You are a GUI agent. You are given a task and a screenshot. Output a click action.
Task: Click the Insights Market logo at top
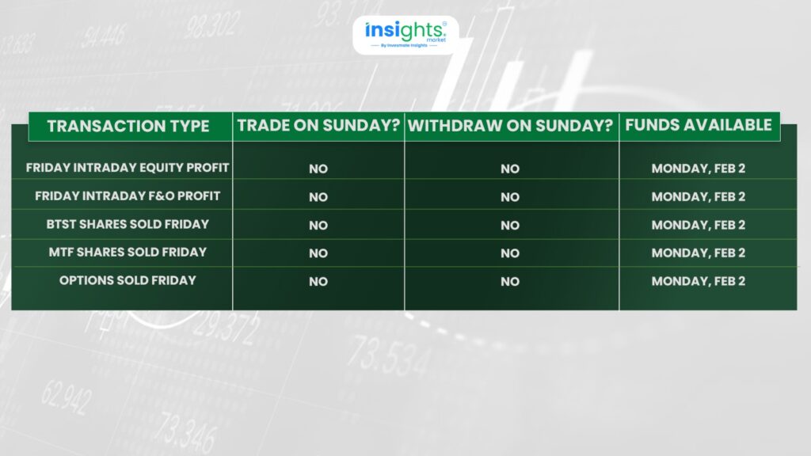tap(405, 35)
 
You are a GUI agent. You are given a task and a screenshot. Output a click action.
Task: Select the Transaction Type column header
tap(128, 126)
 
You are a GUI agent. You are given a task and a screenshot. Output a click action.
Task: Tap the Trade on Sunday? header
tap(318, 126)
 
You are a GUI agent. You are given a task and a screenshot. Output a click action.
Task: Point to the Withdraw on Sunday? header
tap(510, 126)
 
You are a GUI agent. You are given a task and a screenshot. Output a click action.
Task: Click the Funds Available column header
tap(699, 125)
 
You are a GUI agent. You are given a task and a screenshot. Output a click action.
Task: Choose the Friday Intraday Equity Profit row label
tap(128, 168)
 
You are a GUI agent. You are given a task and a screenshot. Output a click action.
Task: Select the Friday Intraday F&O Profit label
tap(128, 196)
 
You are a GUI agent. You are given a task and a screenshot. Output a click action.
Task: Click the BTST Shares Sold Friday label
tap(128, 224)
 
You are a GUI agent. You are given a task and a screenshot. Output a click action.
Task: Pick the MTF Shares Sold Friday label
tap(128, 253)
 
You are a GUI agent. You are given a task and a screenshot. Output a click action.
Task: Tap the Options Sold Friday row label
tap(128, 280)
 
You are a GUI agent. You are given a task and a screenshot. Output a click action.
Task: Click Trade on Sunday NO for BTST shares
tap(318, 226)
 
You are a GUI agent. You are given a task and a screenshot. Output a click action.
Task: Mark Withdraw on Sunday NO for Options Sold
tap(510, 282)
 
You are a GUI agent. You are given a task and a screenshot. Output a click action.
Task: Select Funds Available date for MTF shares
tap(699, 253)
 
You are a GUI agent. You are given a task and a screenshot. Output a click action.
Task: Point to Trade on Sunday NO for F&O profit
tap(318, 197)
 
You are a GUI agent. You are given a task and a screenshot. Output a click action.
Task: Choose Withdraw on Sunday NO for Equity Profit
tap(510, 169)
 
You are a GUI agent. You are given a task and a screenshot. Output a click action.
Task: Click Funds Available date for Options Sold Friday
tap(699, 281)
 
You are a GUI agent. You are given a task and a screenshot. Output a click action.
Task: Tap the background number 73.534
tap(389, 355)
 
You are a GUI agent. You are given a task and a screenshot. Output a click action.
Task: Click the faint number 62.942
tap(67, 397)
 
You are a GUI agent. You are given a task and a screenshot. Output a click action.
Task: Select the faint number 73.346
tap(185, 432)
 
